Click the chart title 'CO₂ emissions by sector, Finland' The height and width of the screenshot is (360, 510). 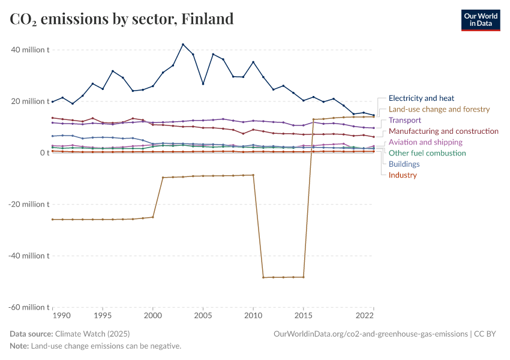[122, 19]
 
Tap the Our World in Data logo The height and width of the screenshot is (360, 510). [480, 20]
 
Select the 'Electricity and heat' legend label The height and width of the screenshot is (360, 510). [421, 98]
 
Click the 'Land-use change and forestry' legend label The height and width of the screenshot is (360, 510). [439, 109]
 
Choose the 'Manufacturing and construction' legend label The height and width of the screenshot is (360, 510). [443, 131]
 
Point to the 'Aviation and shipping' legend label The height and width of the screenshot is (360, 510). [425, 142]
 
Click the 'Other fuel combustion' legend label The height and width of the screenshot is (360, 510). [427, 153]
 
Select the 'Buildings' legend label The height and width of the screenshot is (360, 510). [404, 164]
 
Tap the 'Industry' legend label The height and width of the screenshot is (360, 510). [403, 175]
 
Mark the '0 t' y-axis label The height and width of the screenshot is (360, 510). [44, 153]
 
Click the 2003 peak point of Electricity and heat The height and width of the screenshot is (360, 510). [183, 44]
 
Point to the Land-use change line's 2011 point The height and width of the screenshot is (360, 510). [263, 277]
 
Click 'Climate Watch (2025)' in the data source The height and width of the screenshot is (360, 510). [92, 334]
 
